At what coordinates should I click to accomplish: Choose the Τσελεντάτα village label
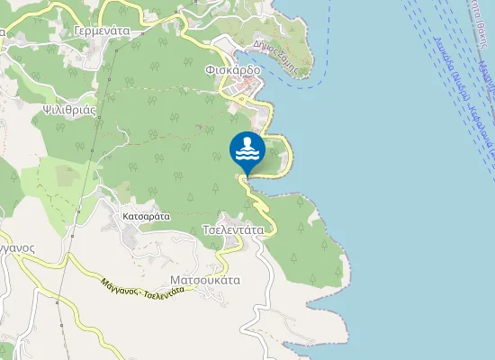tap(233, 229)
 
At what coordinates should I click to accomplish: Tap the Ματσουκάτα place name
tap(204, 279)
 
